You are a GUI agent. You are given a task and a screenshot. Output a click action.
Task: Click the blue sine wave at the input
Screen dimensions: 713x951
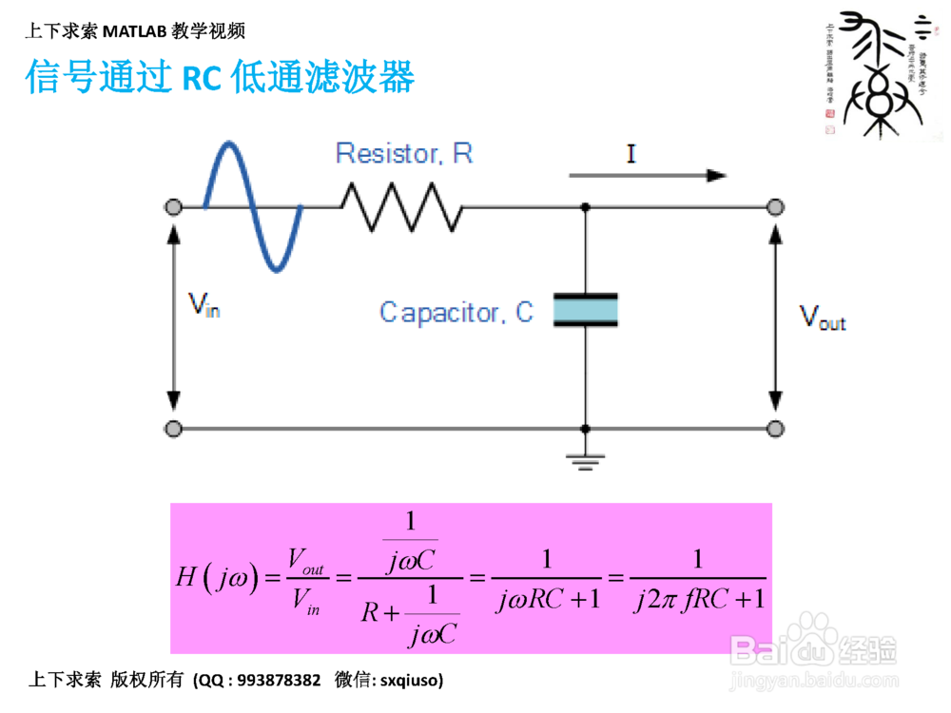(x=252, y=205)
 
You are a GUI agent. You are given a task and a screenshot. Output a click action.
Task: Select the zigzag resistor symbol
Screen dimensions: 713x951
(x=400, y=206)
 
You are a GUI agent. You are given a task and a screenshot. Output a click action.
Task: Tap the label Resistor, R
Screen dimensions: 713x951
(x=403, y=153)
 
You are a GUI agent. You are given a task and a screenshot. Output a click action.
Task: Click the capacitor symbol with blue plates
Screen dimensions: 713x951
(x=586, y=310)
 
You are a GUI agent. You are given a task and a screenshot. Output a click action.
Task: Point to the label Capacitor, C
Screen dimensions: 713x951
(x=456, y=312)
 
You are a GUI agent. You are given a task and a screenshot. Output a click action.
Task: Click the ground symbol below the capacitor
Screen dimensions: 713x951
(x=586, y=462)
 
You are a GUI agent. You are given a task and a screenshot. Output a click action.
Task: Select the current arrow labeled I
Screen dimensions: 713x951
(x=648, y=175)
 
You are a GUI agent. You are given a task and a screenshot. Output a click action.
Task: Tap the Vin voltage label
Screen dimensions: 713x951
(x=204, y=304)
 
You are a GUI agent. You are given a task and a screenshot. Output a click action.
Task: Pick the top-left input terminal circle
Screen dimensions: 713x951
(x=173, y=206)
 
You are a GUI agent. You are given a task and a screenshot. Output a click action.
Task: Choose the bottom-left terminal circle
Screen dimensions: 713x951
(x=173, y=429)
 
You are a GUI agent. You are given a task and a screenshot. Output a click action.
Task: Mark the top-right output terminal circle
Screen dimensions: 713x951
(x=776, y=206)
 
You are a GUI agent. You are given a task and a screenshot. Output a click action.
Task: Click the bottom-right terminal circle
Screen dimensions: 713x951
(x=776, y=429)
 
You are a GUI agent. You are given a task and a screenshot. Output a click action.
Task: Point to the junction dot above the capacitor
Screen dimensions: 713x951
(x=586, y=206)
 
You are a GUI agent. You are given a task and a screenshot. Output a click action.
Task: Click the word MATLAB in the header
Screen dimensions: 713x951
(x=135, y=31)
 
